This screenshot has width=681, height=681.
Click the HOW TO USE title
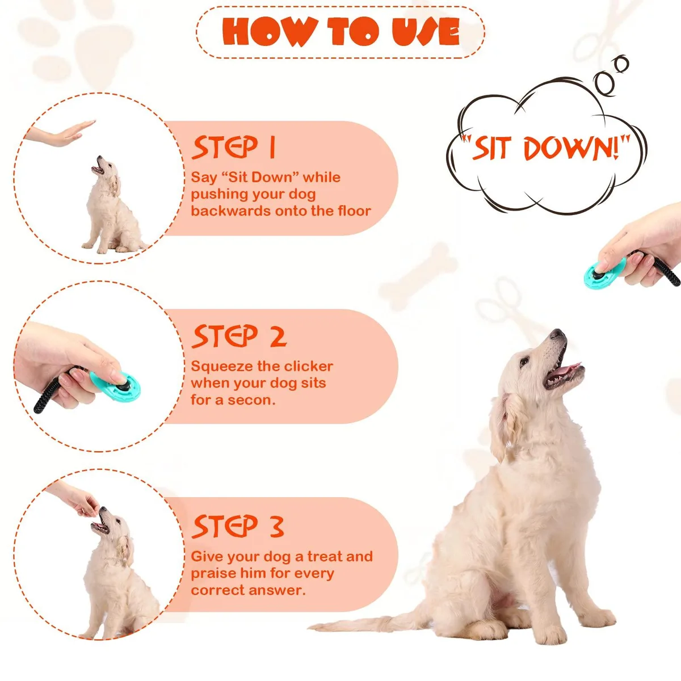pos(340,32)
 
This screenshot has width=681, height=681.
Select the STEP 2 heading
pos(239,335)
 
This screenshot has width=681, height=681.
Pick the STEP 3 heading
pos(238,526)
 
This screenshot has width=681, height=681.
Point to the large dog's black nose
pos(557,333)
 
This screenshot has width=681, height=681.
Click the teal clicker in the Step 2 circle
pos(116,386)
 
